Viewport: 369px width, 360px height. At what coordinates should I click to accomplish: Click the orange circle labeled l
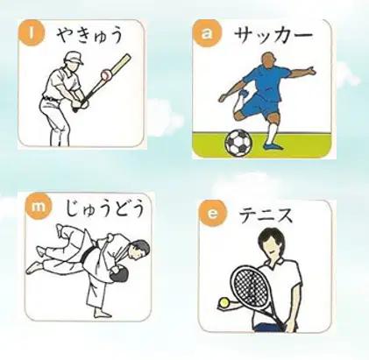click(32, 33)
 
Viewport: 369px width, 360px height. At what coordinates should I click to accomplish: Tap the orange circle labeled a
click(207, 33)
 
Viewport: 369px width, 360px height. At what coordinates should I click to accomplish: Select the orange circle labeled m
click(39, 207)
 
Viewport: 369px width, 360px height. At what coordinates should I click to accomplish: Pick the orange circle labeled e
click(212, 214)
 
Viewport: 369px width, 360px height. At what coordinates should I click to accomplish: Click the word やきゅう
click(89, 35)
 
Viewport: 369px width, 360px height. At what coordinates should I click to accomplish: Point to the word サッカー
click(273, 36)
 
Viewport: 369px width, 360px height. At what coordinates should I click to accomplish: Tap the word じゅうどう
click(105, 209)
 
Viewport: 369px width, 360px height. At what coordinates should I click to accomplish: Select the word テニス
click(266, 215)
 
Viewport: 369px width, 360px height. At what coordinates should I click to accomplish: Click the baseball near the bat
click(106, 75)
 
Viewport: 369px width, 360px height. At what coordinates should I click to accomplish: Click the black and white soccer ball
click(238, 143)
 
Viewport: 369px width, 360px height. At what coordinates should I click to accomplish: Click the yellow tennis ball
click(224, 302)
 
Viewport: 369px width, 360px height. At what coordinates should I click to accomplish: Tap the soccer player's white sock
click(272, 133)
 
